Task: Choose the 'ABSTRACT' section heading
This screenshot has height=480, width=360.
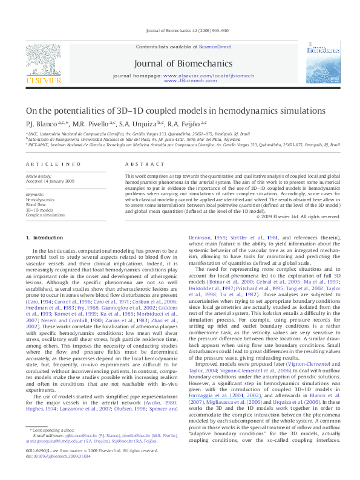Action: point(140,164)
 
